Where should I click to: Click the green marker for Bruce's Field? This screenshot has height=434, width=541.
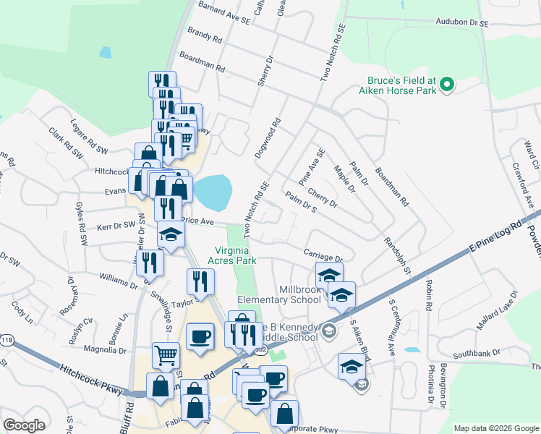click(447, 85)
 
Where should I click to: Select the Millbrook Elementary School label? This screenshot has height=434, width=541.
click(278, 294)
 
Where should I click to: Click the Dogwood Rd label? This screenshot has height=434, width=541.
click(267, 140)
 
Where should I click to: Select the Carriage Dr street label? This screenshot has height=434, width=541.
click(322, 257)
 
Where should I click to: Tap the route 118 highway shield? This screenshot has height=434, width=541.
click(7, 339)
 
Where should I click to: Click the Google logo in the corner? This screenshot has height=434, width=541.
click(24, 425)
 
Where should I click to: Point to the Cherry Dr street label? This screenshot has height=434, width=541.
click(322, 198)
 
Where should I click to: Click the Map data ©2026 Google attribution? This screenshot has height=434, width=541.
click(496, 428)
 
